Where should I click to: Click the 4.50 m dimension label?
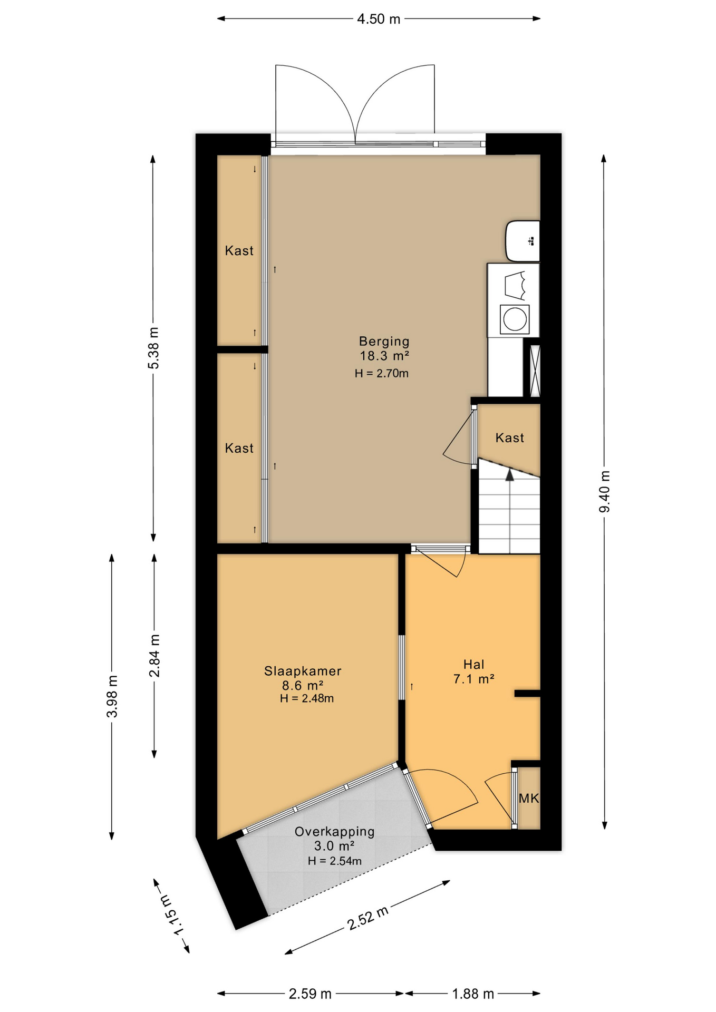pyautogui.click(x=379, y=20)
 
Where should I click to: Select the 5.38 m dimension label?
pyautogui.click(x=153, y=348)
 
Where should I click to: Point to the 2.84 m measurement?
pyautogui.click(x=154, y=655)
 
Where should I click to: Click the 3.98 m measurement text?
pyautogui.click(x=112, y=696)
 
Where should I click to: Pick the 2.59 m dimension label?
pyautogui.click(x=310, y=994)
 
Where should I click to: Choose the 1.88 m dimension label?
pyautogui.click(x=473, y=994)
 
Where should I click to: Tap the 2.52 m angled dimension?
pyautogui.click(x=368, y=918)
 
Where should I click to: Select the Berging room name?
pyautogui.click(x=384, y=341)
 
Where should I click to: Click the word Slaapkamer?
pyautogui.click(x=303, y=671)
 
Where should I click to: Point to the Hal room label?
pyautogui.click(x=473, y=664)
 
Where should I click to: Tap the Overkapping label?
pyautogui.click(x=335, y=832)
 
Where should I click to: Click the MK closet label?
pyautogui.click(x=529, y=799)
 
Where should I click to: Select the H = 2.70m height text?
pyautogui.click(x=382, y=374)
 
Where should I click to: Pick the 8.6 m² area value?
pyautogui.click(x=303, y=685)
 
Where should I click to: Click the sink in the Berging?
pyautogui.click(x=523, y=241)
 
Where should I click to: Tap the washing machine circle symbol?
pyautogui.click(x=514, y=319)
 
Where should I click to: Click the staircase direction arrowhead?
pyautogui.click(x=509, y=474)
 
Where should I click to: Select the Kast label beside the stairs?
pyautogui.click(x=510, y=437)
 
